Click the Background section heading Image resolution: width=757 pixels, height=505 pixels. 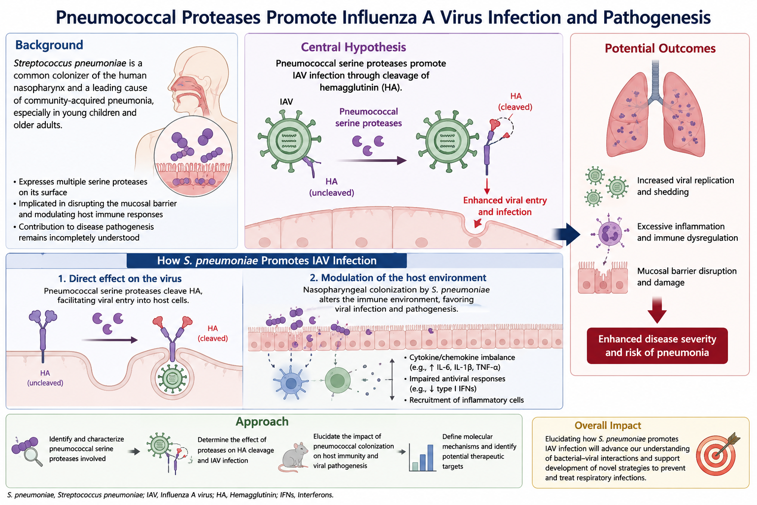point(49,45)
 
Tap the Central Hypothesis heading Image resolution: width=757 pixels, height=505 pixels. point(353,47)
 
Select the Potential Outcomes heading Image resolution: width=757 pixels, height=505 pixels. point(660,48)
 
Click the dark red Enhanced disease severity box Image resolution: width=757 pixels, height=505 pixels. point(657,346)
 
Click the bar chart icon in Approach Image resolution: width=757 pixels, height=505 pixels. point(422,458)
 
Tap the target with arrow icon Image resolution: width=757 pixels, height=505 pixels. point(718,454)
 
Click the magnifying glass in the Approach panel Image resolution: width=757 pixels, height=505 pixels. point(34,456)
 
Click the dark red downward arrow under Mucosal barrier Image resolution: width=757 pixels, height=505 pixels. point(657,310)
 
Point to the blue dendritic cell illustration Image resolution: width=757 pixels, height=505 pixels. point(291,383)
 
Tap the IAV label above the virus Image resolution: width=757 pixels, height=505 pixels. point(286,102)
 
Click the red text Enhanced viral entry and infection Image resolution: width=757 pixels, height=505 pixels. point(505,206)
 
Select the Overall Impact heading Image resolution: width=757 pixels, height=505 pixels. point(608,425)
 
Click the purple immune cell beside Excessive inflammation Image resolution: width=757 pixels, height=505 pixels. point(610,234)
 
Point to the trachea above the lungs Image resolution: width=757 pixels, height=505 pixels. point(655,82)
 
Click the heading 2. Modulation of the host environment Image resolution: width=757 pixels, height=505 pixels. point(398,278)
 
